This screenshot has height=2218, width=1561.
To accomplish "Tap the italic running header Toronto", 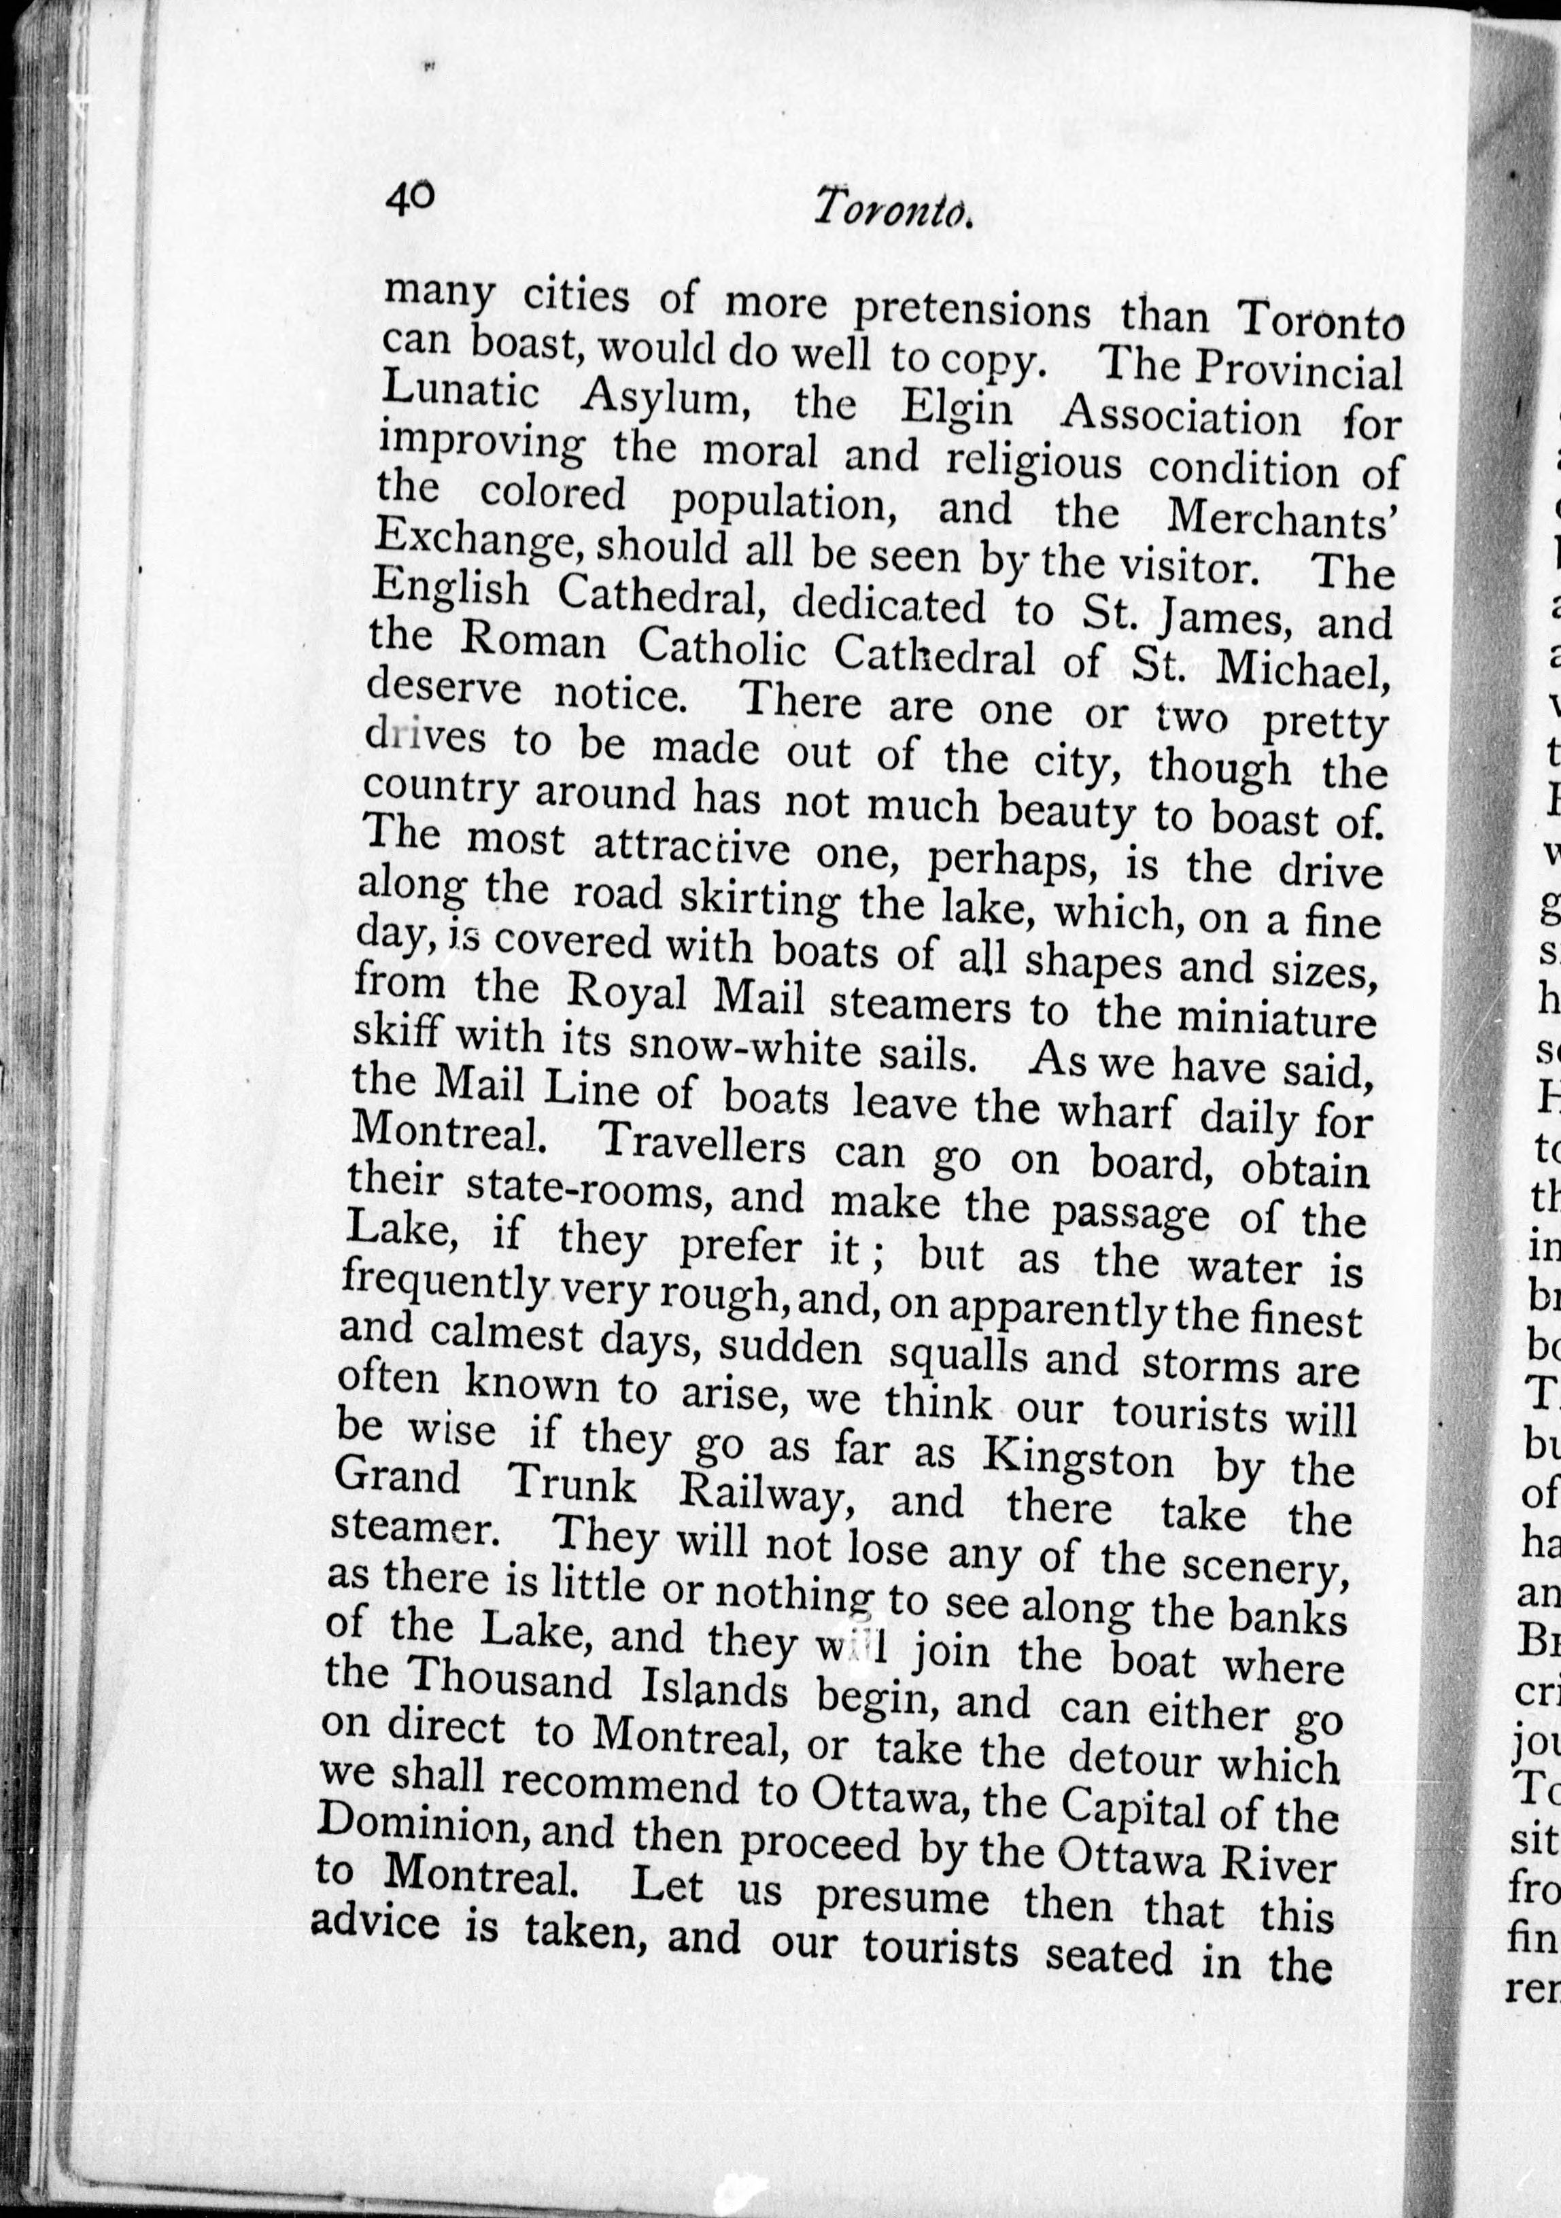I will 890,209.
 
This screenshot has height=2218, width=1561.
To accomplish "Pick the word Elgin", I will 957,410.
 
